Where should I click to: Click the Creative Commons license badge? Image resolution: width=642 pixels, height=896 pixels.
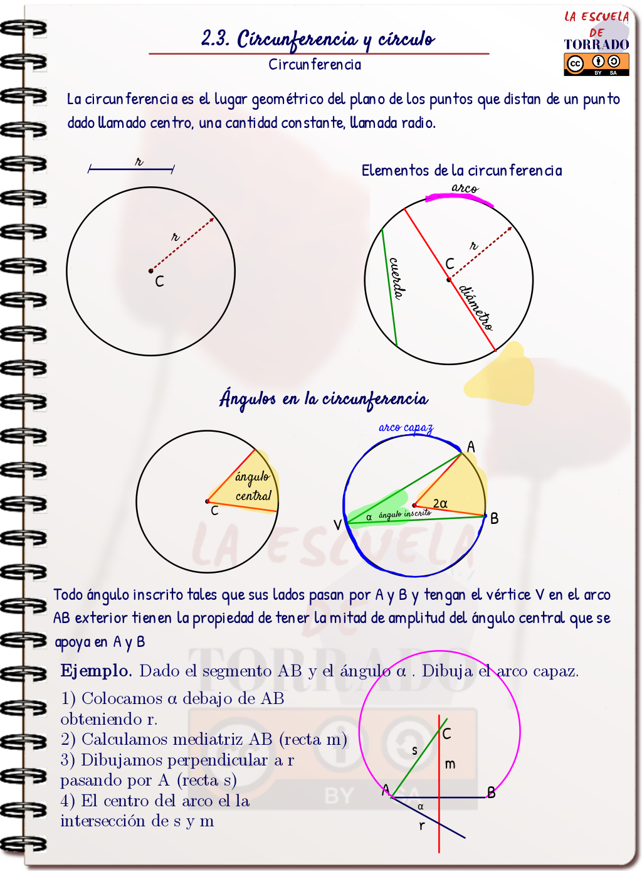click(596, 63)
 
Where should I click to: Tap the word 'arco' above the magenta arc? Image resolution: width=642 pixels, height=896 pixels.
click(465, 188)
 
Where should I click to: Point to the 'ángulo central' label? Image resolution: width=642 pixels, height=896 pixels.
click(253, 486)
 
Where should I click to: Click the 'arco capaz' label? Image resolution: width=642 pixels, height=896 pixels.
click(406, 427)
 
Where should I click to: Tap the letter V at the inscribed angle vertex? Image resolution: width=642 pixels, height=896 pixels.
click(337, 525)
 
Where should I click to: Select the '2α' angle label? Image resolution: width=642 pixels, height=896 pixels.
click(440, 503)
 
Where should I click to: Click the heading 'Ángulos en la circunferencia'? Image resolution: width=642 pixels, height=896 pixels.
click(324, 398)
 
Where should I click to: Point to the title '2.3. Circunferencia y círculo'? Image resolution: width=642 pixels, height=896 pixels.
click(318, 39)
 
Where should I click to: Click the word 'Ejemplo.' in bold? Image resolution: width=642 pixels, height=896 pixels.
click(96, 671)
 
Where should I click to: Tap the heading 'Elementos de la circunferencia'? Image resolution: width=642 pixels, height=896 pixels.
click(461, 170)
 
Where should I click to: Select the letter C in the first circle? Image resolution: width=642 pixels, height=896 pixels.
click(159, 282)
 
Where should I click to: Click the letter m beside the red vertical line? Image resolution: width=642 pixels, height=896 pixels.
click(450, 764)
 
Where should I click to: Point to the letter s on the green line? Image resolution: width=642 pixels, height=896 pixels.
click(414, 750)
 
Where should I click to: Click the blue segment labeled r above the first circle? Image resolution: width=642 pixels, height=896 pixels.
click(131, 169)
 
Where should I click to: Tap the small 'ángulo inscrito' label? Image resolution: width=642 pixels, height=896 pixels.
click(404, 514)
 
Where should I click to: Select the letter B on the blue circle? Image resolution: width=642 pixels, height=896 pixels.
click(495, 519)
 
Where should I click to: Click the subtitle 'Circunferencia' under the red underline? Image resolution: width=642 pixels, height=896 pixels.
click(315, 65)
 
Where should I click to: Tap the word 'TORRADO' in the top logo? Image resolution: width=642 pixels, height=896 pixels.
click(596, 45)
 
